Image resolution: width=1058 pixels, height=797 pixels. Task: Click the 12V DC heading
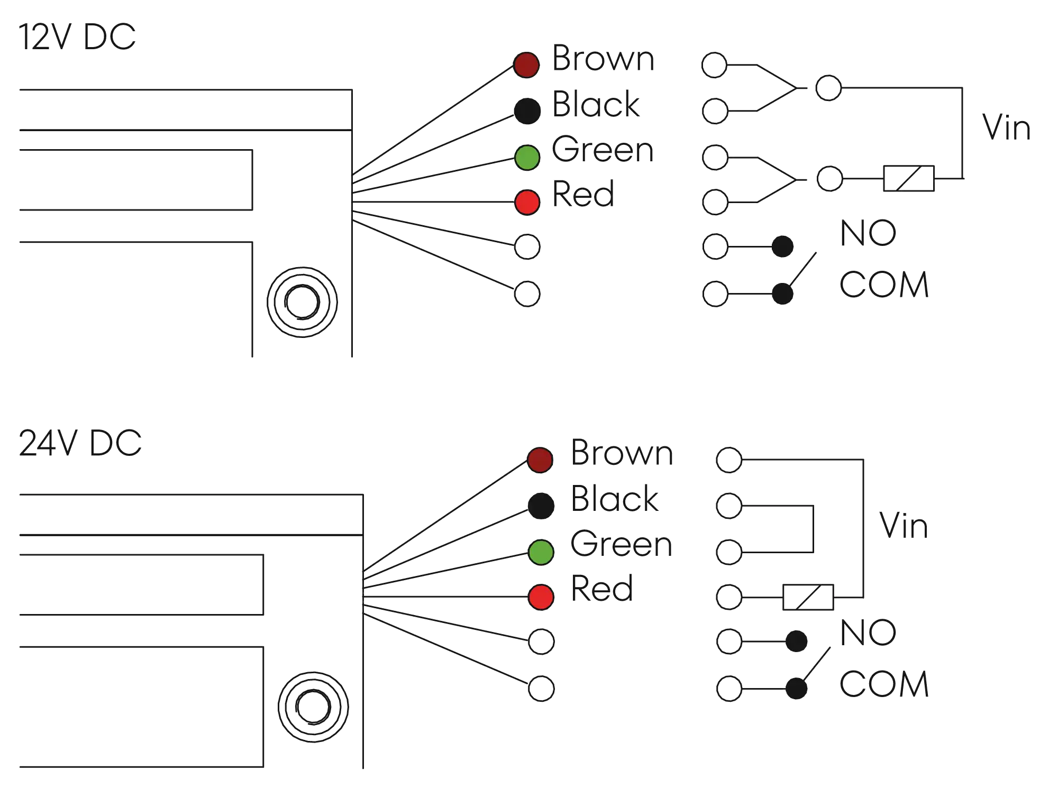pyautogui.click(x=77, y=37)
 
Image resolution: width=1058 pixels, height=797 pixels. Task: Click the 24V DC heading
pyautogui.click(x=80, y=443)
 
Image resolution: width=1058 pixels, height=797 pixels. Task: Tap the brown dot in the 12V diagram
pyautogui.click(x=526, y=65)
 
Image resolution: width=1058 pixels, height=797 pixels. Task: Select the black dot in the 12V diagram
pyautogui.click(x=527, y=111)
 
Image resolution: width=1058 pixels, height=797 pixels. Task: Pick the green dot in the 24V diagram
pyautogui.click(x=541, y=552)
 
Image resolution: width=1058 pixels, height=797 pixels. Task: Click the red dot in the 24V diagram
pyautogui.click(x=541, y=597)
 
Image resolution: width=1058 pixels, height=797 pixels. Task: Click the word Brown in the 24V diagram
pyautogui.click(x=622, y=453)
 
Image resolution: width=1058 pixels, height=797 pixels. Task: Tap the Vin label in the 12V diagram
pyautogui.click(x=1007, y=127)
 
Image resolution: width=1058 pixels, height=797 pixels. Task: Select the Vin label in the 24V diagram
pyautogui.click(x=903, y=527)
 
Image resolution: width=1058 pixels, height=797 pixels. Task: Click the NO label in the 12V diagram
pyautogui.click(x=869, y=233)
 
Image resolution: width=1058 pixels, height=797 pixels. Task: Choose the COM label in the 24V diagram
pyautogui.click(x=884, y=683)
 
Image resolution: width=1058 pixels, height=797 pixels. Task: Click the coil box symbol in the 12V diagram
pyautogui.click(x=908, y=179)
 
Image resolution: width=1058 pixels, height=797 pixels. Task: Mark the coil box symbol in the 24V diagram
pyautogui.click(x=808, y=598)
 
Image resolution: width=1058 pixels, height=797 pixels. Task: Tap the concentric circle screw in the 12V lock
pyautogui.click(x=302, y=302)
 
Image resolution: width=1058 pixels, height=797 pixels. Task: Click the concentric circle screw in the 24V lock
pyautogui.click(x=313, y=706)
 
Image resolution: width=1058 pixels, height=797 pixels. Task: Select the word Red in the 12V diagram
pyautogui.click(x=583, y=194)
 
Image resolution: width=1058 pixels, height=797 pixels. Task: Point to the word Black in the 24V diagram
pyautogui.click(x=615, y=498)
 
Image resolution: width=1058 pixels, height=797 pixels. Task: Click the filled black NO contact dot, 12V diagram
pyautogui.click(x=782, y=246)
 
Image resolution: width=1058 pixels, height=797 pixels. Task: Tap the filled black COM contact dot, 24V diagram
pyautogui.click(x=796, y=688)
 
